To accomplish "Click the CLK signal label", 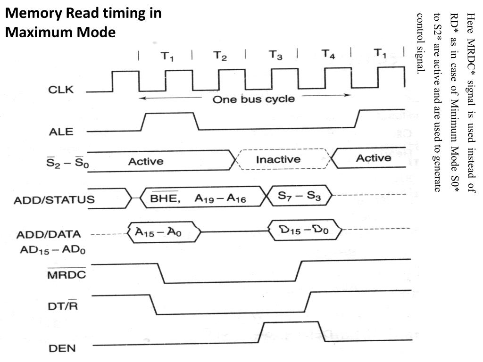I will [x=61, y=90].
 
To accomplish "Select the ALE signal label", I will [x=61, y=132].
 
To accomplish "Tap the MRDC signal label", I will [x=67, y=274].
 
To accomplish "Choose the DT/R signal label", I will [x=63, y=306].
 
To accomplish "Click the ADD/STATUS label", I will [x=54, y=200].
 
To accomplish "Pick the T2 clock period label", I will [x=219, y=56].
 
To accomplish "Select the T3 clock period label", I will [x=275, y=55].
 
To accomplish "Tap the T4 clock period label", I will [x=328, y=54].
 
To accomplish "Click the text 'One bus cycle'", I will [x=253, y=99].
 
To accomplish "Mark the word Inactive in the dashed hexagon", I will [x=278, y=159].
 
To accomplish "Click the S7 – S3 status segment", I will [x=299, y=196].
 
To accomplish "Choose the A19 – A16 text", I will [x=220, y=199].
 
